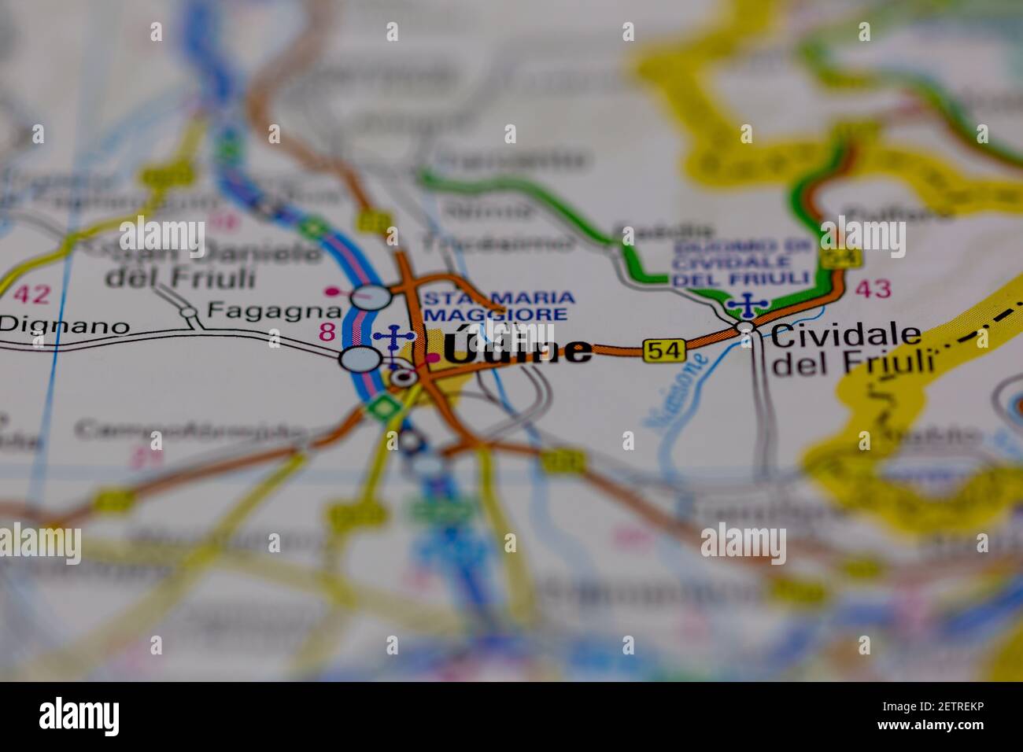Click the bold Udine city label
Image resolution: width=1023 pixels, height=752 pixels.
point(518,350)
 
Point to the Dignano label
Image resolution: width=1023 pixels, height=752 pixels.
point(65,326)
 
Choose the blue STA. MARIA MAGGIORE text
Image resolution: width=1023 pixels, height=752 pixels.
point(499,306)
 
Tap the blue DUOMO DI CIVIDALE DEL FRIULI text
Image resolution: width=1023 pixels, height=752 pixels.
point(741,262)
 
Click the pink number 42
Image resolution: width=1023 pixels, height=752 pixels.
point(31,294)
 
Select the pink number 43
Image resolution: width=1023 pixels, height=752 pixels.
point(873,289)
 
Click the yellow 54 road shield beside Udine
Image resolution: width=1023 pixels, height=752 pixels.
point(663,350)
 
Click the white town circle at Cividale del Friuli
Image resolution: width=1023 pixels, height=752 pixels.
point(744,326)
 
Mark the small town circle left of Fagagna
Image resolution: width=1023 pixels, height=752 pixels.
point(189,312)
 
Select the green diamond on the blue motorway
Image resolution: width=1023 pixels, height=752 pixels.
point(384,407)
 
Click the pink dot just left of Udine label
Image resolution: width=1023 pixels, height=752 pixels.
point(432,359)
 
